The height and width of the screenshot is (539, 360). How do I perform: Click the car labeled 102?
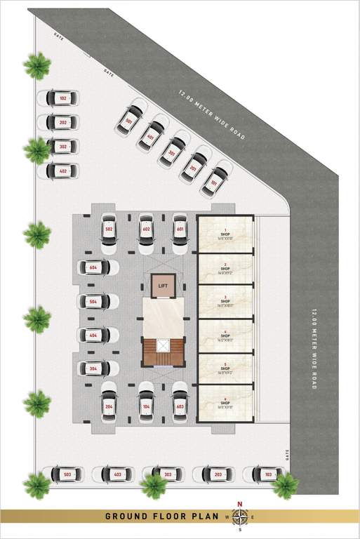pos(61,99)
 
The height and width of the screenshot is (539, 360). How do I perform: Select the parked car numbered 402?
pos(61,171)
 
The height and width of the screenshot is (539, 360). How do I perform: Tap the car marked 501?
pos(131,120)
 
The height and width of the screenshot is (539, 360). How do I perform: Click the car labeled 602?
pos(146,232)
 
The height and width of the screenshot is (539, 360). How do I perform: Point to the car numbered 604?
pos(96,267)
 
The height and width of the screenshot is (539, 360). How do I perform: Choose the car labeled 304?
pos(96,368)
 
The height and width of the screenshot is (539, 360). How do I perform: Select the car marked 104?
pos(146,406)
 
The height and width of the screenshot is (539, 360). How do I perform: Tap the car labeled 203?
pos(215,475)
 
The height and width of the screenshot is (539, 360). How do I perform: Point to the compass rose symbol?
pos(240,517)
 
